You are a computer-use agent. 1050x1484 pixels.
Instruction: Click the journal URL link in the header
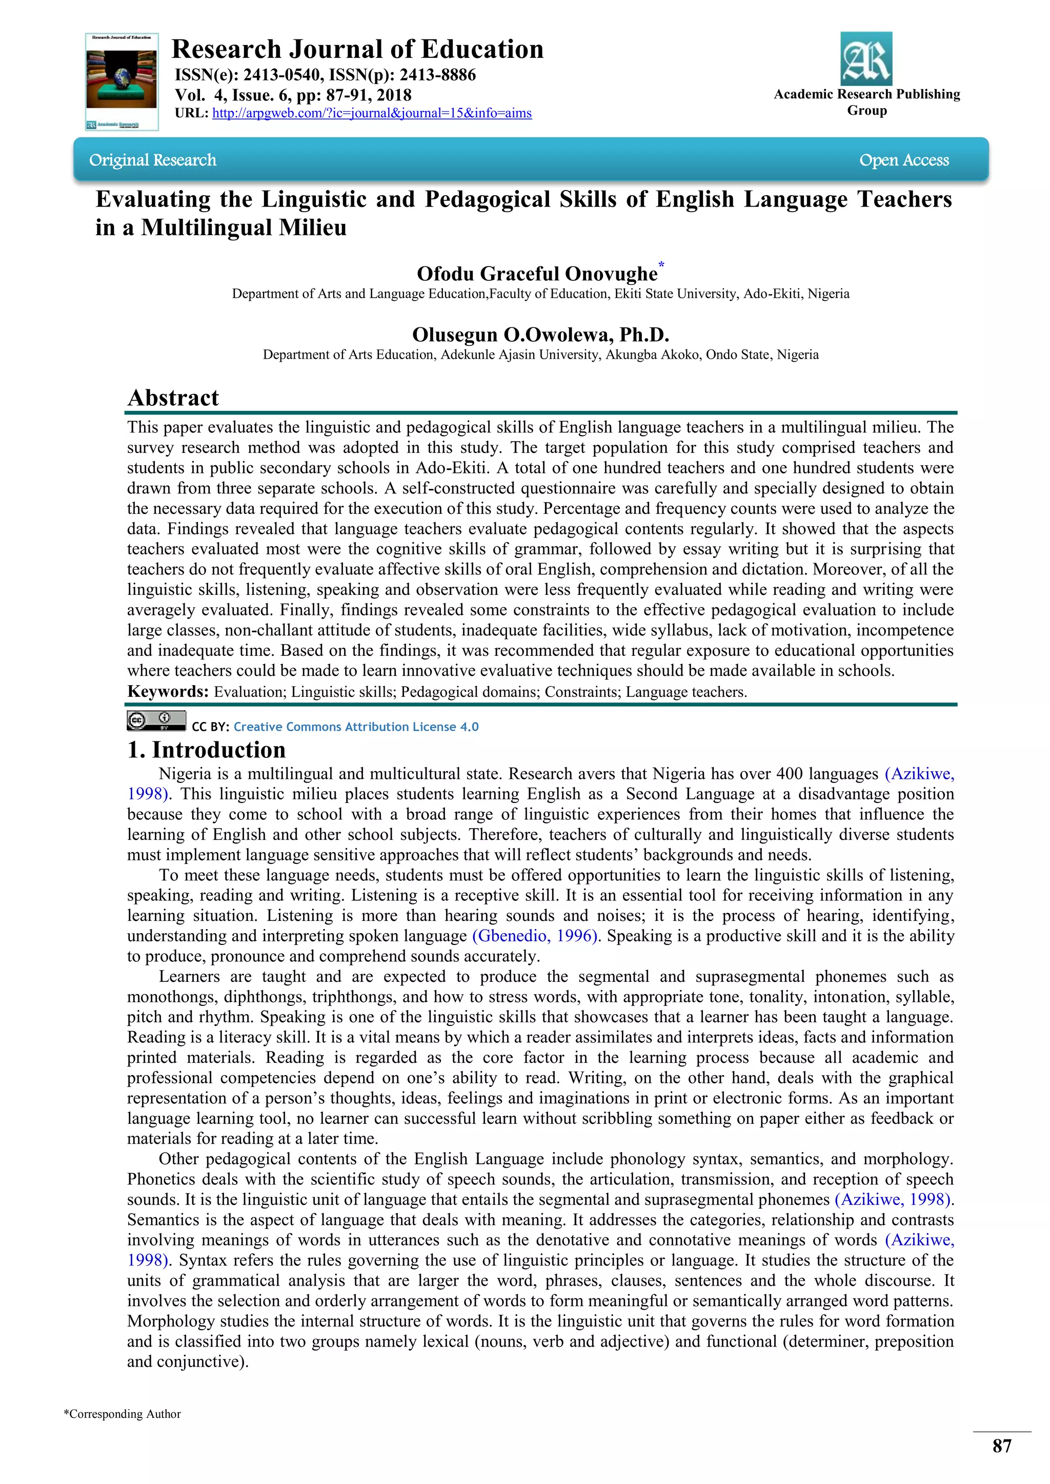(372, 113)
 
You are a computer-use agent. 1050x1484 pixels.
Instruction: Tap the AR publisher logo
(866, 59)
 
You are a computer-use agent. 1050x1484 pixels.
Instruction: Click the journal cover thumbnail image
(122, 81)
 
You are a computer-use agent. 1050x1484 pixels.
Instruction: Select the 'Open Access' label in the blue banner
(903, 160)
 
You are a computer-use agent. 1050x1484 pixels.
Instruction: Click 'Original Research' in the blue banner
(153, 160)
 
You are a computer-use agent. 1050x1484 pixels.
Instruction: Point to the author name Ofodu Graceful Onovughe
(537, 274)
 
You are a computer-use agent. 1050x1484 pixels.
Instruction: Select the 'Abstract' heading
(173, 398)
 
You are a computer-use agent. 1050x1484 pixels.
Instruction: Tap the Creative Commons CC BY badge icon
(156, 720)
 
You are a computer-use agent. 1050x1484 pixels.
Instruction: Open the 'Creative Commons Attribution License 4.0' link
(356, 727)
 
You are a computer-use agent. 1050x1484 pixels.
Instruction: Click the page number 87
(1001, 1446)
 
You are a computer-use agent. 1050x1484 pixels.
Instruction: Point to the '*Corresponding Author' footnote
(122, 1414)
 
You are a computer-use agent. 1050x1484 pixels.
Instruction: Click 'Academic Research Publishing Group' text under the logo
(866, 102)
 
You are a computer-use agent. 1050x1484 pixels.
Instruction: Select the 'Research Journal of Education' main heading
(357, 50)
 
